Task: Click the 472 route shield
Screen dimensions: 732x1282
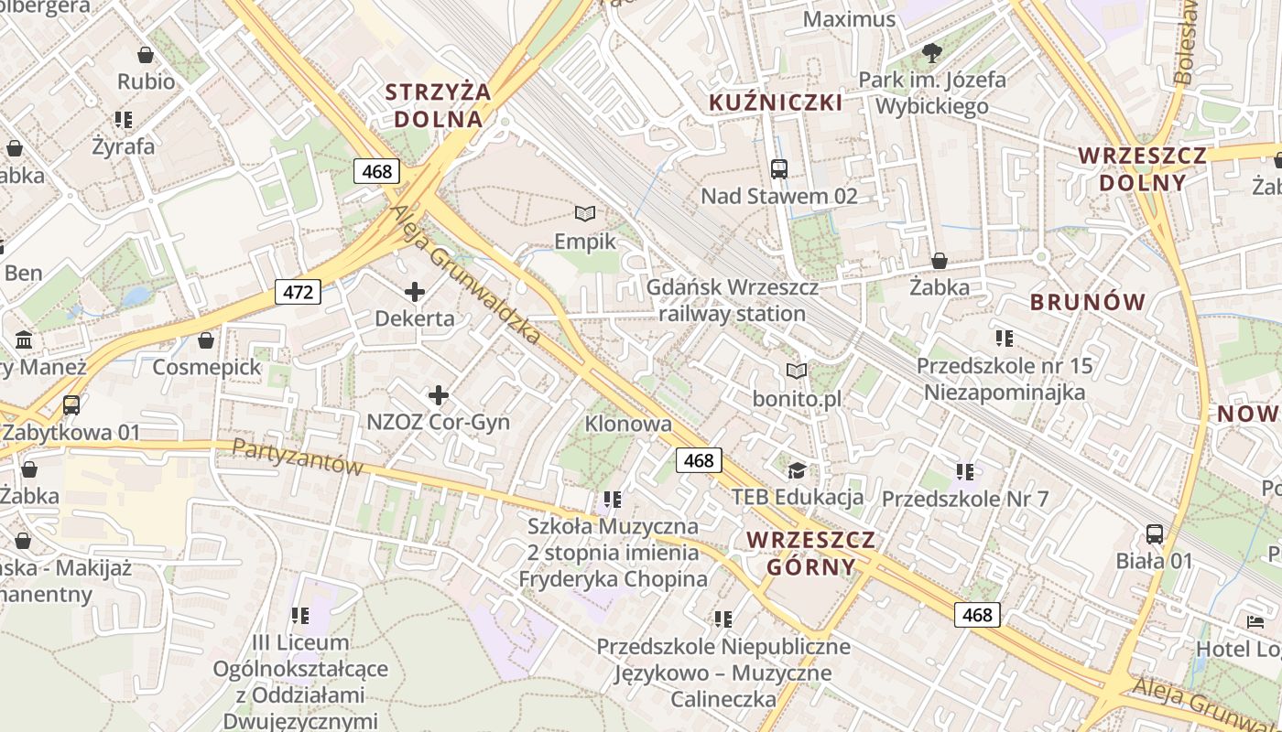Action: [x=298, y=293]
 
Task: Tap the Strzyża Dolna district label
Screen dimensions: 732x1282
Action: [x=438, y=105]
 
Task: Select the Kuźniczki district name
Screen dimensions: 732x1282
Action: [x=776, y=102]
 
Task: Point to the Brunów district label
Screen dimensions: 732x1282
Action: [x=1088, y=302]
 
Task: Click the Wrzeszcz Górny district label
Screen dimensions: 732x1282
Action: [x=810, y=553]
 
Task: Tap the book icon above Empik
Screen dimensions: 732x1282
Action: [x=585, y=214]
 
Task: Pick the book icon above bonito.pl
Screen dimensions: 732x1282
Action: [x=797, y=371]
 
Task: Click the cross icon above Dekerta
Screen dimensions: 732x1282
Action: [x=415, y=292]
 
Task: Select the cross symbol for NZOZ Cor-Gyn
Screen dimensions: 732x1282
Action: [x=439, y=395]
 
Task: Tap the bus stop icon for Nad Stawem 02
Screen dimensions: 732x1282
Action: [x=779, y=168]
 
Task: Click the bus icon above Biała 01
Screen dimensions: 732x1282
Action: [x=1154, y=533]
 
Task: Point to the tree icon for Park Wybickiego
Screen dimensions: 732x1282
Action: [x=932, y=52]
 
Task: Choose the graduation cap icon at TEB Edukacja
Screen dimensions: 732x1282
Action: [x=798, y=470]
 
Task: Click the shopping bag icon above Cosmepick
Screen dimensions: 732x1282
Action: [x=207, y=340]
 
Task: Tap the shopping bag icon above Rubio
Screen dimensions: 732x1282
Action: [x=146, y=55]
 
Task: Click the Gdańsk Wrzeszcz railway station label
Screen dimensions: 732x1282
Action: [x=733, y=300]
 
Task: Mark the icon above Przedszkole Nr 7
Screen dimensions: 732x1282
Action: [x=964, y=472]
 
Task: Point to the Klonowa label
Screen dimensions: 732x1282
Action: [x=628, y=424]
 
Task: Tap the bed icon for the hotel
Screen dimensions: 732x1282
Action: [x=1255, y=622]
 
